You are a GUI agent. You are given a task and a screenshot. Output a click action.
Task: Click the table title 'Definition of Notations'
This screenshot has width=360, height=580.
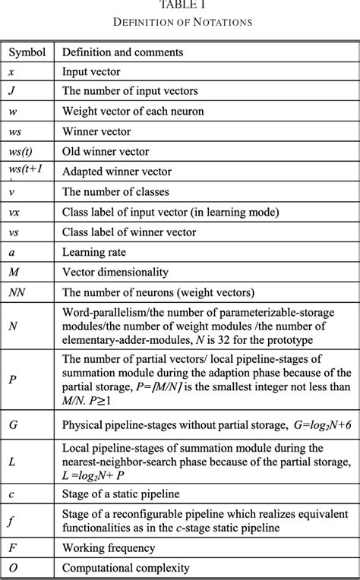click(x=181, y=22)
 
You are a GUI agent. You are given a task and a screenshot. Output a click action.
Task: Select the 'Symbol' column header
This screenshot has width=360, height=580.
click(x=27, y=53)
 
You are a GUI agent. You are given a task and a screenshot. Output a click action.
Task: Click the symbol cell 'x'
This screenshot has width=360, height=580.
click(x=12, y=73)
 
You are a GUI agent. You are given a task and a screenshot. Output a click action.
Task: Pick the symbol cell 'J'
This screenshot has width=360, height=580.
click(x=12, y=93)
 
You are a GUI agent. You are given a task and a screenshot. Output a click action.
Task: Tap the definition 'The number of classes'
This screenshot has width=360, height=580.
click(x=115, y=191)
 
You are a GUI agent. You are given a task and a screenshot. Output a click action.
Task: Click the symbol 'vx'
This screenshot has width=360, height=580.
click(x=14, y=211)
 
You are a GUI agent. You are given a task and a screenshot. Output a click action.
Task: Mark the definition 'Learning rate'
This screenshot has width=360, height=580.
click(x=93, y=251)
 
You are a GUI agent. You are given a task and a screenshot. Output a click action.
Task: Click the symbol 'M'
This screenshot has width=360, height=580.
click(x=14, y=270)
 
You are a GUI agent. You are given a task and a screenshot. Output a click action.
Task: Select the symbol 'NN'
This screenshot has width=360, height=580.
click(x=17, y=290)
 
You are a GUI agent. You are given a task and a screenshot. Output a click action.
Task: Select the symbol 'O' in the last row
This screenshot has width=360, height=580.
click(x=13, y=566)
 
